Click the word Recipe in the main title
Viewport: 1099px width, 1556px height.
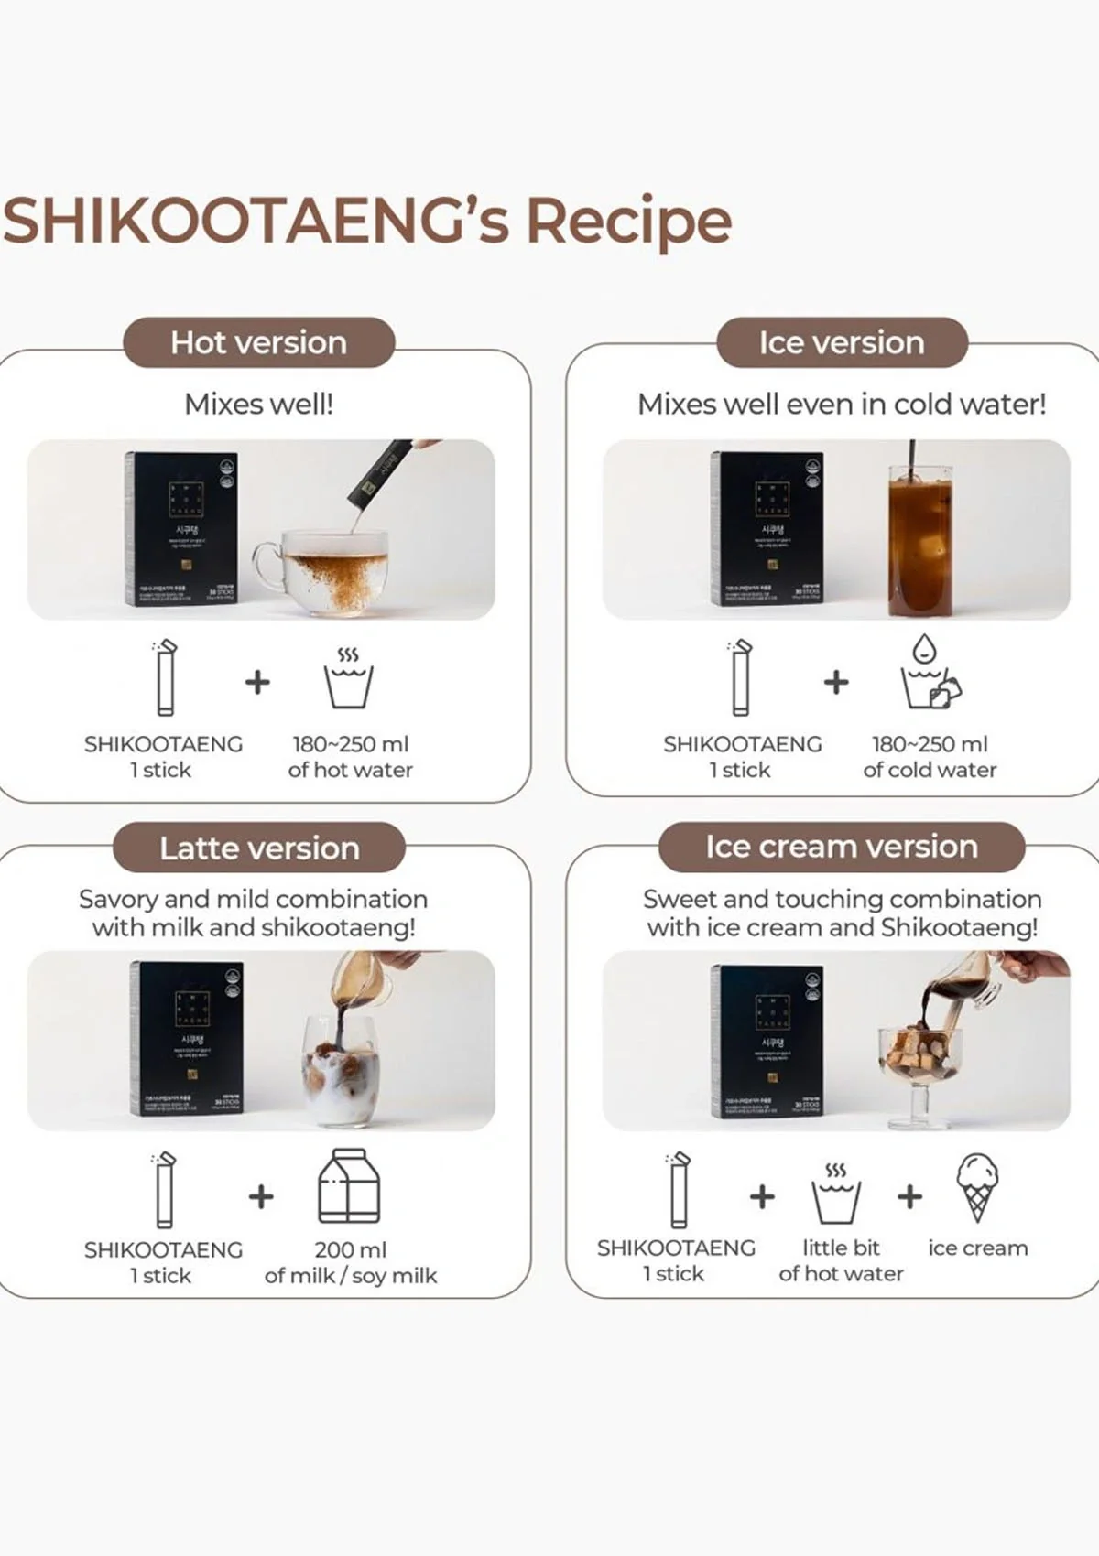coord(628,222)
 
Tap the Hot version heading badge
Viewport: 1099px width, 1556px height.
coord(258,342)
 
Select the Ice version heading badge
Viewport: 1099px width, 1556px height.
coord(841,342)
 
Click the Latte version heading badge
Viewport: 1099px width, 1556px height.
coord(259,848)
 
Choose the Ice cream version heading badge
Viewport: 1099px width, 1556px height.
coord(841,846)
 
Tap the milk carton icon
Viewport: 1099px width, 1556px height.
coord(349,1186)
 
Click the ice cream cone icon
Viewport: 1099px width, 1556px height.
coord(977,1186)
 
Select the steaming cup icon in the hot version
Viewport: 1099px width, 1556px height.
coord(348,679)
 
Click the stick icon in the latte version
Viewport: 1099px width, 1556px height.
coord(165,1190)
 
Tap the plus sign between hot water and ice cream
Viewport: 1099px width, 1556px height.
coord(909,1196)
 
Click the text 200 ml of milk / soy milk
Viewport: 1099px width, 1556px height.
coord(351,1262)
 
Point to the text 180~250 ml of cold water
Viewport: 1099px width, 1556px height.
coord(930,757)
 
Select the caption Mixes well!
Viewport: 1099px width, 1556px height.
coord(258,404)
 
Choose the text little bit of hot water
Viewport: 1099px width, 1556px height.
coord(841,1260)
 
